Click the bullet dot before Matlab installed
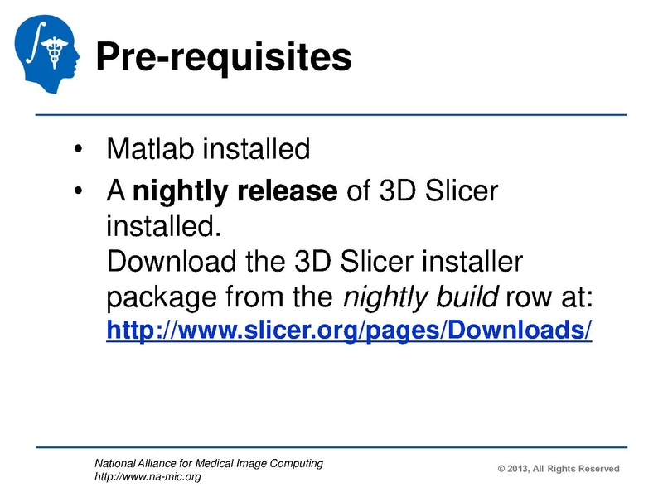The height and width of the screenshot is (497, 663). click(x=78, y=152)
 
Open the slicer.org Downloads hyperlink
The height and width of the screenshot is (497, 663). click(x=349, y=331)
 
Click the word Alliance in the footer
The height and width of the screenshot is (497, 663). click(x=164, y=464)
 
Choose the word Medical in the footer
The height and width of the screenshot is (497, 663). click(x=227, y=464)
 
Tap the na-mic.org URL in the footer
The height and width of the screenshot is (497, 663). click(x=148, y=477)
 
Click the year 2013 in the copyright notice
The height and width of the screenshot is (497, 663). click(x=521, y=469)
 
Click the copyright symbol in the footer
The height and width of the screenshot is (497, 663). click(x=501, y=469)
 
